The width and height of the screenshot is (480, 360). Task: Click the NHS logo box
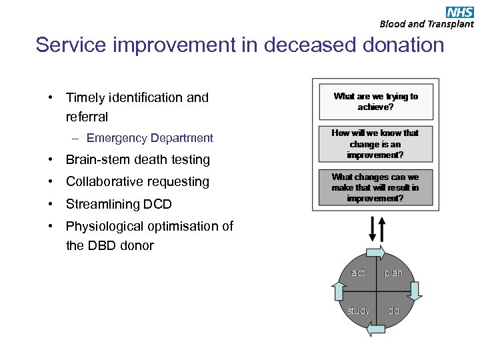460,11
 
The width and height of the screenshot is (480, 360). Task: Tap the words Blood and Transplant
427,24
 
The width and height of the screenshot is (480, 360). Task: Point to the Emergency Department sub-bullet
149,138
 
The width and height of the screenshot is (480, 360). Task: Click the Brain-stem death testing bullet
137,159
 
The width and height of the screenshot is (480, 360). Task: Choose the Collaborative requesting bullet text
137,181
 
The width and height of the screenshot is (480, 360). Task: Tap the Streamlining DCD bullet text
119,204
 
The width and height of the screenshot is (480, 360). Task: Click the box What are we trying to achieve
376,101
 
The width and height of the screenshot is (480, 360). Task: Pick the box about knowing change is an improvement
376,143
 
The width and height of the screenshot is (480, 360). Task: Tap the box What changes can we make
376,187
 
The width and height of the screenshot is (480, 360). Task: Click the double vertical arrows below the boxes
376,229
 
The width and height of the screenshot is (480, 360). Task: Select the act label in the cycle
358,273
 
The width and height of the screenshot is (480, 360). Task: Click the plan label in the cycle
393,273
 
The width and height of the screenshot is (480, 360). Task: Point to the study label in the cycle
358,311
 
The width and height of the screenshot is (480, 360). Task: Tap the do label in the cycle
393,311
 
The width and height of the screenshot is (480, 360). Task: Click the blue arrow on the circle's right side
415,291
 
